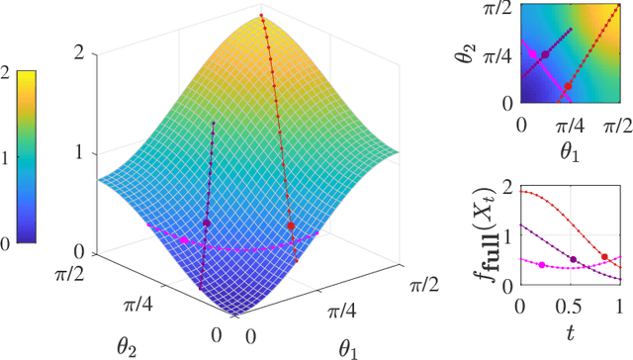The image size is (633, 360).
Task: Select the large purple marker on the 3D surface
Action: pos(207,224)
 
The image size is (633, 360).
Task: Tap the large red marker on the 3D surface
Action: pos(291,226)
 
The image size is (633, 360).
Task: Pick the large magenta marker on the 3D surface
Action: pos(183,238)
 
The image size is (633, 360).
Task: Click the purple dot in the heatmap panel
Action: pos(545,54)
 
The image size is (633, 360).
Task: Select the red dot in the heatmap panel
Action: pos(567,87)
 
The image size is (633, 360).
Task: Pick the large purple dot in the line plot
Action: pos(574,260)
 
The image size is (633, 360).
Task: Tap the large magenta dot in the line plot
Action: pos(542,265)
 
